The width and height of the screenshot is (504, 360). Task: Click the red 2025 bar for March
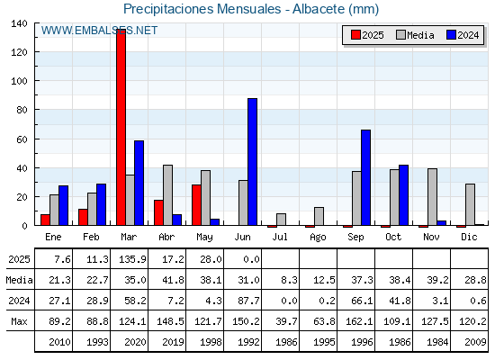click(x=121, y=127)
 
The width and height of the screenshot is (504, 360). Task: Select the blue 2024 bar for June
click(x=252, y=162)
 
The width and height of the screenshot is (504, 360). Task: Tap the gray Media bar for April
click(x=167, y=195)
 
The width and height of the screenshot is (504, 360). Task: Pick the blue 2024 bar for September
click(x=365, y=177)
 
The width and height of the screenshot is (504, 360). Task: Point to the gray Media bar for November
click(x=432, y=197)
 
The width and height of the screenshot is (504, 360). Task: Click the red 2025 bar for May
click(x=196, y=205)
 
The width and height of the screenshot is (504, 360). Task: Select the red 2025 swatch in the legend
click(x=355, y=35)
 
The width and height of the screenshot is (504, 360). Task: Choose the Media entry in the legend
click(x=415, y=35)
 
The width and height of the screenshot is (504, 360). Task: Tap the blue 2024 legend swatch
click(x=451, y=35)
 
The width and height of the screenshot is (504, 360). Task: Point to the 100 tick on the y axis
click(x=36, y=81)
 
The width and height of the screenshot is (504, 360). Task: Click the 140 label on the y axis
click(x=19, y=23)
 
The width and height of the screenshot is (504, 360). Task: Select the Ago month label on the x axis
click(x=318, y=238)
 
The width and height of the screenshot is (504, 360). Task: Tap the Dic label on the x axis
click(x=469, y=237)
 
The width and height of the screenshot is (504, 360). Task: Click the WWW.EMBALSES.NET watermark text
click(x=99, y=31)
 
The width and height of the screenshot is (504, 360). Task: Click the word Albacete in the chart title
click(x=319, y=9)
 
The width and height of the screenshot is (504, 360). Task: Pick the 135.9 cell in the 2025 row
click(x=132, y=259)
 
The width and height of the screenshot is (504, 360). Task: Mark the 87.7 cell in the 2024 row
click(x=248, y=301)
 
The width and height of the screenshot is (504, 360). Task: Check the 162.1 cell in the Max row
click(x=359, y=321)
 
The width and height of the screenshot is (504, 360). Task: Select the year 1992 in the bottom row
click(x=248, y=342)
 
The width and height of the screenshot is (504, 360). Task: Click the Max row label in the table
click(x=19, y=321)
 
